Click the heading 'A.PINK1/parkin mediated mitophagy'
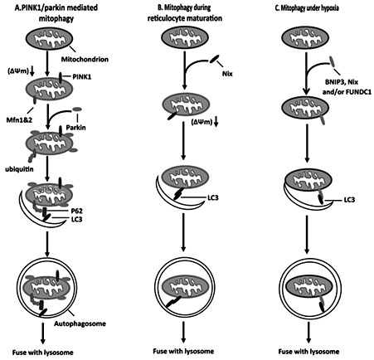point(60,12)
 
